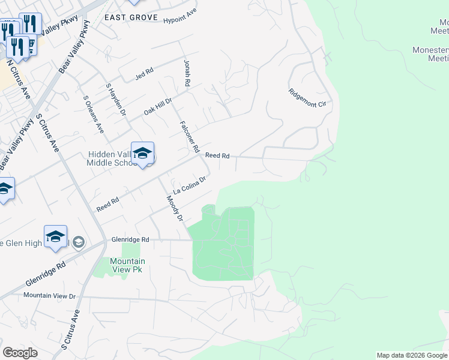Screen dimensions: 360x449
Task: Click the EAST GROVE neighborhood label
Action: pyautogui.click(x=131, y=17)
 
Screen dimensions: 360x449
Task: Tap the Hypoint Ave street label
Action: pyautogui.click(x=180, y=19)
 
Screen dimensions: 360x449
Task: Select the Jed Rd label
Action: pyautogui.click(x=145, y=73)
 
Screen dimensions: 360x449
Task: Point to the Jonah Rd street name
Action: pyautogui.click(x=187, y=72)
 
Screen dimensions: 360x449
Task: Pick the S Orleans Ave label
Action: pyautogui.click(x=94, y=114)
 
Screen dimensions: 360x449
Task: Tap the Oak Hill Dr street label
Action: pyautogui.click(x=158, y=107)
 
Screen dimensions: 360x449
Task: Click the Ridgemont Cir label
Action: pyautogui.click(x=310, y=98)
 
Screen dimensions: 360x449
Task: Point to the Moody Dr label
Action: pyautogui.click(x=174, y=208)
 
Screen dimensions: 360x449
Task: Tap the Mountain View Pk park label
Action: pyautogui.click(x=127, y=265)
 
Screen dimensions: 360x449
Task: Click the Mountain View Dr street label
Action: pyautogui.click(x=49, y=296)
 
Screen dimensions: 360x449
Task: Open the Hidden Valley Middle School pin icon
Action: pyautogui.click(x=142, y=154)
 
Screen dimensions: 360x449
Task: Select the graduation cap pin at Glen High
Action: pyautogui.click(x=55, y=236)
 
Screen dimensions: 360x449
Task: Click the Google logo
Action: pyautogui.click(x=20, y=353)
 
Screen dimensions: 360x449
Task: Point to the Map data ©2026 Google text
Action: pyautogui.click(x=412, y=355)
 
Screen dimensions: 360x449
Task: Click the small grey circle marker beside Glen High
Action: pyautogui.click(x=80, y=242)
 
